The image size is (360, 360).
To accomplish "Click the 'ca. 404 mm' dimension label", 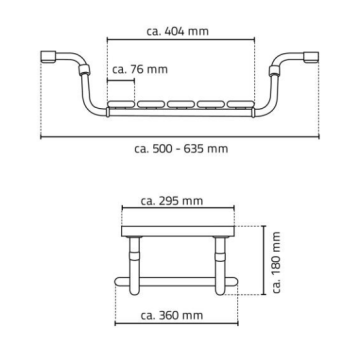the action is pos(177,31).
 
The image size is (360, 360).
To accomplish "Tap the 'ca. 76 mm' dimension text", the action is pos(140,69).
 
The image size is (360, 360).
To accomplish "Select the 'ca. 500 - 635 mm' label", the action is pos(181,148).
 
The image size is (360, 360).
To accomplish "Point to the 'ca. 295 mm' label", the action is pos(172,201).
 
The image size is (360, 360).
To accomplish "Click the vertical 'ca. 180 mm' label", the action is pos(276,262).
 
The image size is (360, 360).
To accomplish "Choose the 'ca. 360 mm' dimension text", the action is pos(172,315).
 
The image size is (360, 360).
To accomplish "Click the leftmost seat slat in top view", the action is pos(121,104).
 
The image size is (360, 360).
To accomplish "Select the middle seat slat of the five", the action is pos(181,104).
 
